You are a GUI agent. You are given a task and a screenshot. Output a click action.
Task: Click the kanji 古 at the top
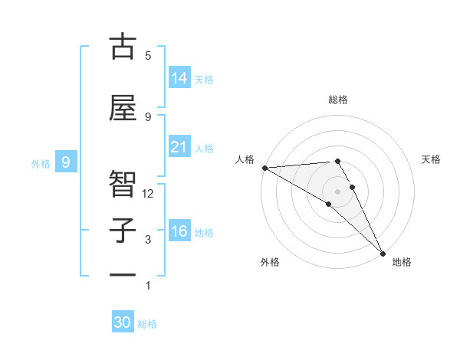click(x=123, y=47)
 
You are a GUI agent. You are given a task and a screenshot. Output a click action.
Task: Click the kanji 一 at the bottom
click(x=123, y=275)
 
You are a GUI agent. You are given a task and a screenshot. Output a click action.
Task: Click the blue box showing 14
click(x=179, y=78)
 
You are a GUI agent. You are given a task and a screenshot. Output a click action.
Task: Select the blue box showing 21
click(x=179, y=147)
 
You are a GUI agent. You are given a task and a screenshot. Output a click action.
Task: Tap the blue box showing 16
click(x=179, y=231)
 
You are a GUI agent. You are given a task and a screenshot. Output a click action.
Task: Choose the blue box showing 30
click(x=123, y=322)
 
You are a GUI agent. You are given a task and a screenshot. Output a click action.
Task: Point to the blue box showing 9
click(x=67, y=162)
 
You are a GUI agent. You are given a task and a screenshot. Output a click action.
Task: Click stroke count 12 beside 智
click(x=148, y=194)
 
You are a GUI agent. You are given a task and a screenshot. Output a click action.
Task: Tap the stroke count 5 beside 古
click(x=148, y=55)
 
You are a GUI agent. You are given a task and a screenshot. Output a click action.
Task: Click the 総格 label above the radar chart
click(x=338, y=100)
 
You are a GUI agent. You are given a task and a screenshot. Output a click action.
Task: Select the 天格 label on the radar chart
click(x=432, y=159)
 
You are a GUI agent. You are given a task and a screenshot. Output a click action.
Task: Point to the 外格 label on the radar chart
click(x=270, y=262)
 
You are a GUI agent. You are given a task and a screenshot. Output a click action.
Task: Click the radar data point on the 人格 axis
click(x=264, y=168)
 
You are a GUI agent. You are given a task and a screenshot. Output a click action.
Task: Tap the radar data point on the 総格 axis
click(x=337, y=161)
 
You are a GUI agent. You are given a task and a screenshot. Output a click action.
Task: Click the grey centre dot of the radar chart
click(x=337, y=191)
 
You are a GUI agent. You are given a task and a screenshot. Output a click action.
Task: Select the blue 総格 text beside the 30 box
click(x=147, y=324)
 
